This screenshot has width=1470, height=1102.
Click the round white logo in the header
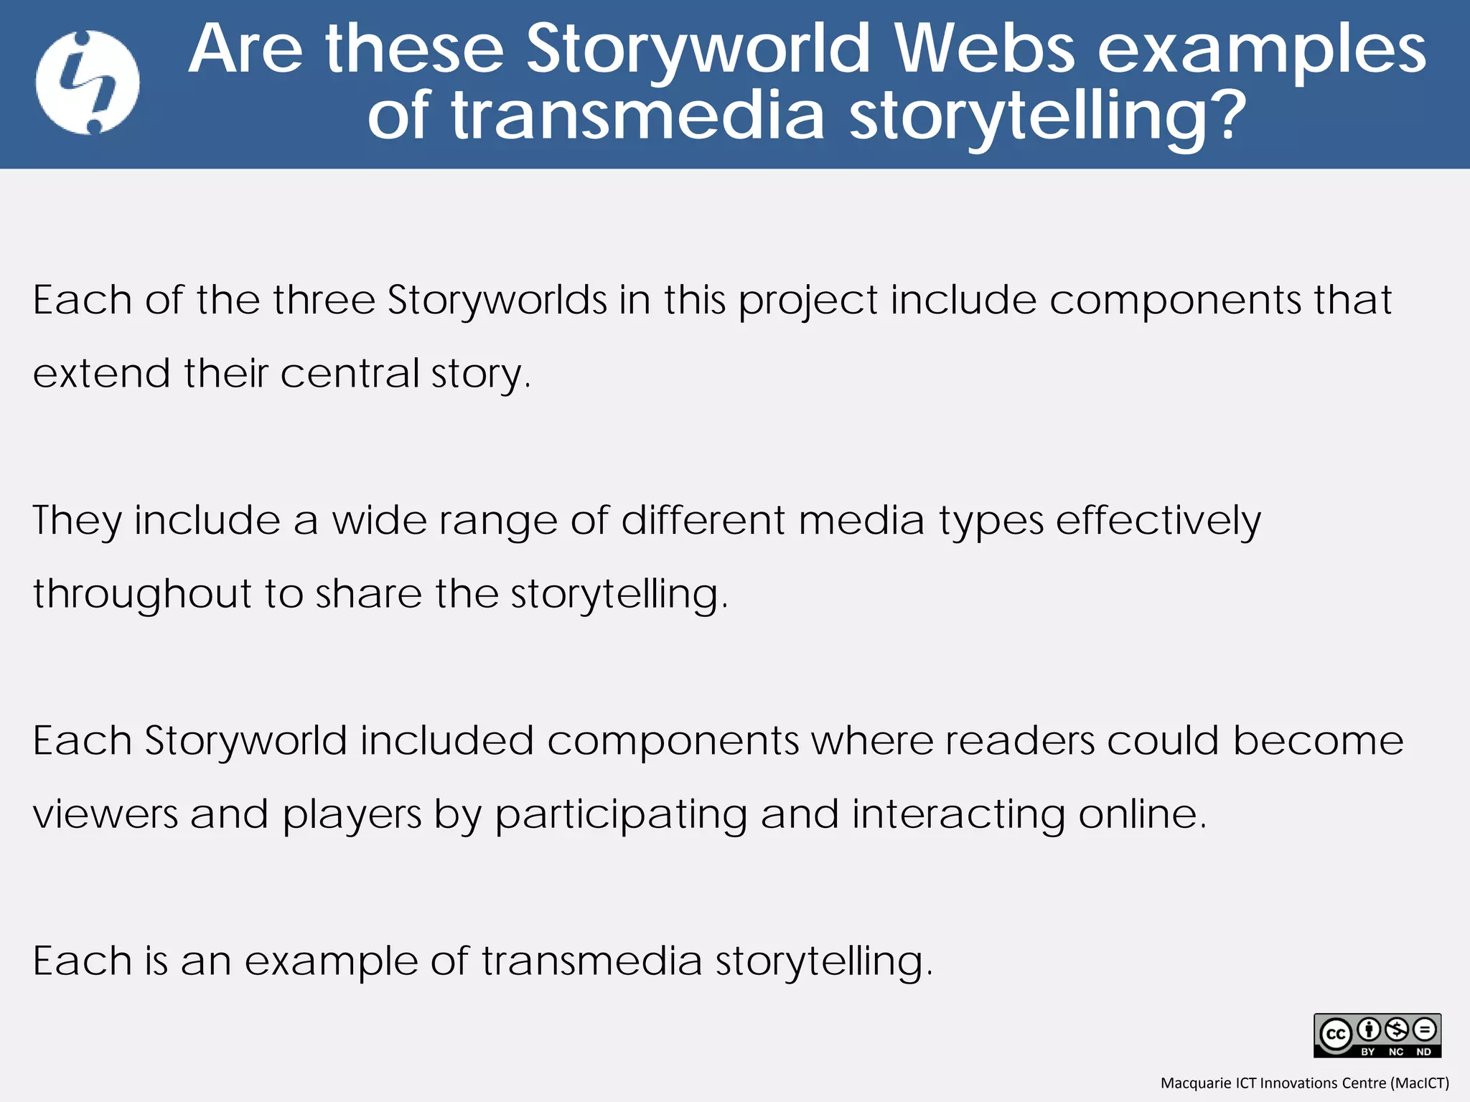88,83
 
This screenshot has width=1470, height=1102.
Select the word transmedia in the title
638,115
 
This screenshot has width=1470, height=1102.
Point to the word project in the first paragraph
808,301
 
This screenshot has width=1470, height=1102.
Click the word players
352,816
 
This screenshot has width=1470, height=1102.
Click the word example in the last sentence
331,962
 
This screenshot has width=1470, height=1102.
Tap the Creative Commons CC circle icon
1335,1035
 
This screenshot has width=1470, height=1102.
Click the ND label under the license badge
1423,1052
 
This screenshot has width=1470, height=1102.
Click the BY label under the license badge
1368,1052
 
